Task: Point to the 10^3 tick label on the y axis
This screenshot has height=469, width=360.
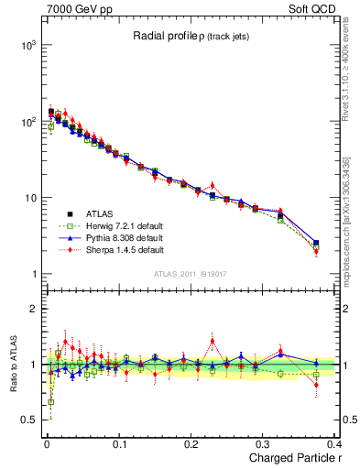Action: pos(27,45)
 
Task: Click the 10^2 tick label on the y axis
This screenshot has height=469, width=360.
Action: pos(27,121)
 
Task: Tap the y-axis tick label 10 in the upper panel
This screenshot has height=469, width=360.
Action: pos(29,198)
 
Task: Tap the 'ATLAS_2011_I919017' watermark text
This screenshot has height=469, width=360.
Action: pos(191,274)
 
